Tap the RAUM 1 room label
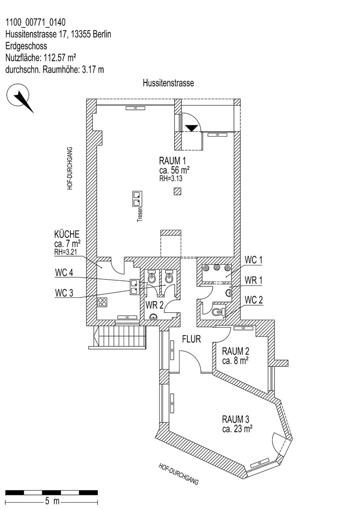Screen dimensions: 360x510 click(x=172, y=161)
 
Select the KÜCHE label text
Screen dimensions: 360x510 click(x=67, y=234)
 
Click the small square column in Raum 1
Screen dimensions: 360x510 click(x=177, y=191)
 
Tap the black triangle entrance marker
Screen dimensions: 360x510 click(x=193, y=128)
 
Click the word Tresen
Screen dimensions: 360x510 click(x=140, y=214)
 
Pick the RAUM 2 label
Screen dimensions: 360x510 click(x=235, y=351)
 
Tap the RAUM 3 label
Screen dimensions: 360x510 click(x=235, y=419)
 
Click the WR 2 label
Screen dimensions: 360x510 click(x=154, y=305)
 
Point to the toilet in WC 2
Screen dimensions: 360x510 click(x=218, y=312)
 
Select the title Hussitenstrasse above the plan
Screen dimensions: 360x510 click(x=168, y=83)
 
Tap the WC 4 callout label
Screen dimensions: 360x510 click(x=64, y=273)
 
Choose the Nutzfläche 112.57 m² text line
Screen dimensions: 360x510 click(x=41, y=58)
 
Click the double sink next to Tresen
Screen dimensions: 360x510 click(x=137, y=199)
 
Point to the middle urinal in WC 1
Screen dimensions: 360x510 click(x=216, y=268)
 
